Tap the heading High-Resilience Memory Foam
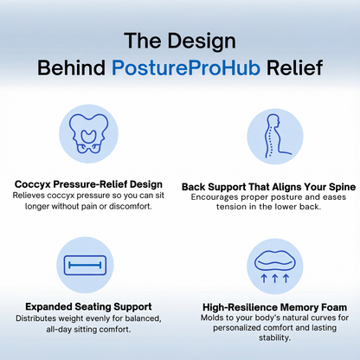[x=273, y=306]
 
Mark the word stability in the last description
[x=273, y=338]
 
